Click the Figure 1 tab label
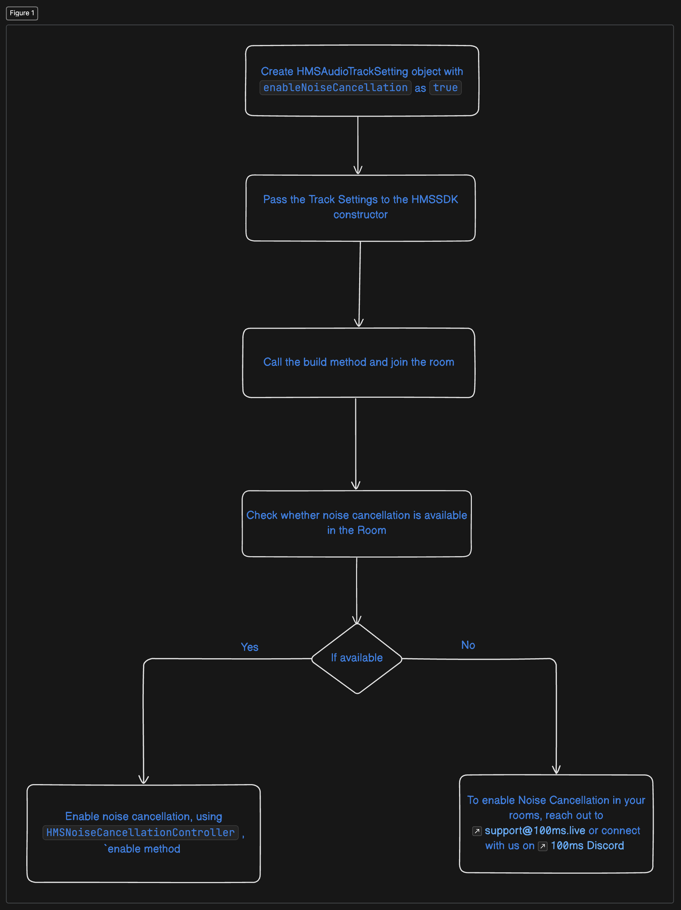(x=22, y=13)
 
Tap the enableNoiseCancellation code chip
(x=335, y=88)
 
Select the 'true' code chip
(x=445, y=88)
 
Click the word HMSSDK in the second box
(x=434, y=200)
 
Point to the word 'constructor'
(x=360, y=215)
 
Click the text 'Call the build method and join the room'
(x=358, y=362)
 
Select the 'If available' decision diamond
(x=356, y=658)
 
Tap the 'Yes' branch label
(x=250, y=647)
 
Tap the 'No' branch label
(x=468, y=645)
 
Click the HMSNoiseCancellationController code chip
(x=140, y=833)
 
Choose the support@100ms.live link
(x=534, y=830)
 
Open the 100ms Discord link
(x=587, y=846)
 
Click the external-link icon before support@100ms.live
(x=477, y=831)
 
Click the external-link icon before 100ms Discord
(x=543, y=846)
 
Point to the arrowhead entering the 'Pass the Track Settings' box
(x=358, y=170)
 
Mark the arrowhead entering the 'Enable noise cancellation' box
(x=143, y=780)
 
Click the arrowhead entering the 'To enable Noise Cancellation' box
(x=556, y=770)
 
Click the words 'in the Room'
(x=356, y=530)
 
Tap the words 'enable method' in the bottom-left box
(x=143, y=849)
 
